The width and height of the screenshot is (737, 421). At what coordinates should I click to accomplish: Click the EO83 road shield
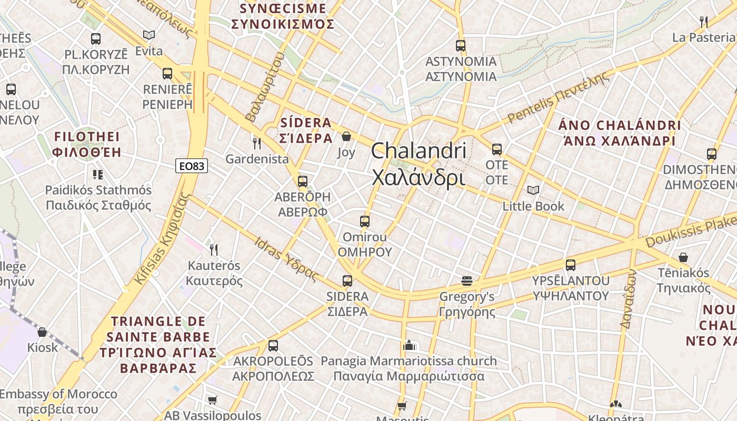click(192, 166)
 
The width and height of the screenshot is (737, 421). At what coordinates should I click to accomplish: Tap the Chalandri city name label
click(419, 164)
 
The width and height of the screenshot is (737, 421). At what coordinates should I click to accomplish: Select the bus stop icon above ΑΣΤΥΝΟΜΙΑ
click(461, 46)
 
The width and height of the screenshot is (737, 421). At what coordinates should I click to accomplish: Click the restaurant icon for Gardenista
click(256, 143)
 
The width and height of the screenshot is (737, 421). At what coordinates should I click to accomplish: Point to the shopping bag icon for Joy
click(346, 137)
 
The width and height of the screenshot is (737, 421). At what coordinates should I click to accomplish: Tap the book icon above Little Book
click(533, 190)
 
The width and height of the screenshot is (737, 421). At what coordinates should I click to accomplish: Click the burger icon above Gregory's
click(467, 281)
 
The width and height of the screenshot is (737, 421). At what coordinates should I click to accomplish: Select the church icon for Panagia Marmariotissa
click(409, 345)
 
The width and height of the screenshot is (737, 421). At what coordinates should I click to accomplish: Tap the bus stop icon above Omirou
click(365, 222)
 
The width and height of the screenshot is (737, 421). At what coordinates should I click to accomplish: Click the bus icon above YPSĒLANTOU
click(571, 265)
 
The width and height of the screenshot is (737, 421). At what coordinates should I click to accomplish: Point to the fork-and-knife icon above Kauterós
click(213, 249)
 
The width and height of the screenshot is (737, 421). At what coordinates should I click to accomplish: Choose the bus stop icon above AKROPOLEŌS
click(273, 346)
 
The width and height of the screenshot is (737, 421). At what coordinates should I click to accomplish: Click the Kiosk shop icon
click(42, 332)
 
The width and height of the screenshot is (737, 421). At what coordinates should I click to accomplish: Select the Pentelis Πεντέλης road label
click(558, 97)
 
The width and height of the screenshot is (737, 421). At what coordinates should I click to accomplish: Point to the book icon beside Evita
click(149, 35)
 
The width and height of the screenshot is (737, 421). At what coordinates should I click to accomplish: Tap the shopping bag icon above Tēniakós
click(683, 257)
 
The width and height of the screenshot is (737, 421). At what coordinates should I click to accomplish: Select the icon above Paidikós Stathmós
click(98, 174)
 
